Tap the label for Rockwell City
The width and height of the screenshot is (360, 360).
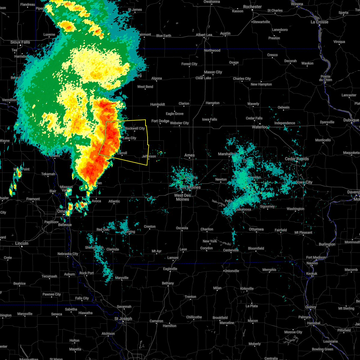pyautogui.click(x=135, y=128)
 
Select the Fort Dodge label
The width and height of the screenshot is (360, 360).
pyautogui.click(x=160, y=121)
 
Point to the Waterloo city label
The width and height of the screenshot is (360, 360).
pyautogui.click(x=260, y=127)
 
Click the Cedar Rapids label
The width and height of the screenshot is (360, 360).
pyautogui.click(x=296, y=159)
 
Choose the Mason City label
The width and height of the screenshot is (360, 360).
pyautogui.click(x=213, y=72)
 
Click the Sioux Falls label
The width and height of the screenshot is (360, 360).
pyautogui.click(x=20, y=42)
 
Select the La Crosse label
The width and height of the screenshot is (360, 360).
pyautogui.click(x=319, y=22)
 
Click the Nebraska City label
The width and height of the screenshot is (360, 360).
pyautogui.click(x=68, y=254)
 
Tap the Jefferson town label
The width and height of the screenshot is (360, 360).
pyautogui.click(x=149, y=156)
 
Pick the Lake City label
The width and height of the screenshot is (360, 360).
pyautogui.click(x=130, y=138)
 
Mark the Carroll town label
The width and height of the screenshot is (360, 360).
pyautogui.click(x=122, y=153)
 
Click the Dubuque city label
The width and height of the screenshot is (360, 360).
pyautogui.click(x=351, y=120)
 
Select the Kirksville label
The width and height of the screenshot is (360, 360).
pyautogui.click(x=247, y=289)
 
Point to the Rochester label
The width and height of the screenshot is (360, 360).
pyautogui.click(x=252, y=7)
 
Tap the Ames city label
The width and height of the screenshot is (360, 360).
pyautogui.click(x=190, y=155)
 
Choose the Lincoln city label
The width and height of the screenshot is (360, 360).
pyautogui.click(x=22, y=243)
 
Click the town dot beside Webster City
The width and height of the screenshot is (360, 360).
pyautogui.click(x=179, y=126)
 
